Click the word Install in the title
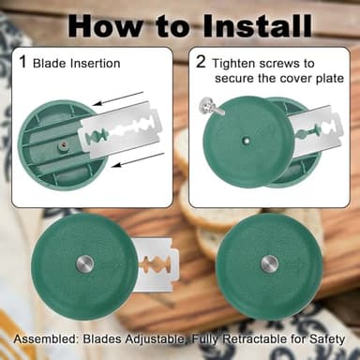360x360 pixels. [x=257, y=25]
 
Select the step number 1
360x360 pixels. [x=22, y=61]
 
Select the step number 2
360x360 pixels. [x=201, y=61]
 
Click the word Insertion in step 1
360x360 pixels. [x=95, y=64]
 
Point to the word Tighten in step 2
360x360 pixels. [x=233, y=64]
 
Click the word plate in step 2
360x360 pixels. [x=330, y=79]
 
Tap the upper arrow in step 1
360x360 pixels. [x=118, y=98]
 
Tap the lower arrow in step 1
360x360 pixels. [x=138, y=159]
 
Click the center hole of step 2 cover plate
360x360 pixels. [x=247, y=141]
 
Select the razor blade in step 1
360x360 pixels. [x=120, y=128]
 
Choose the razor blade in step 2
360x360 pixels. [x=316, y=130]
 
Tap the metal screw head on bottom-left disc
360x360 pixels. [x=85, y=263]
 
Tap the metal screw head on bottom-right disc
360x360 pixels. [x=269, y=263]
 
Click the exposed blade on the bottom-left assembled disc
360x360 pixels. [x=157, y=264]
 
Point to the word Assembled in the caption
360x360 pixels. [x=45, y=339]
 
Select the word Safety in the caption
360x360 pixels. [x=327, y=339]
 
